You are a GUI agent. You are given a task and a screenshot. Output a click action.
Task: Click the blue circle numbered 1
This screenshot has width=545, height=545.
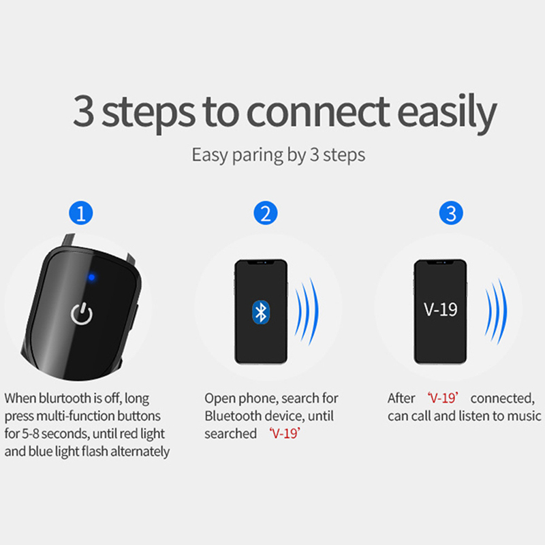click(81, 213)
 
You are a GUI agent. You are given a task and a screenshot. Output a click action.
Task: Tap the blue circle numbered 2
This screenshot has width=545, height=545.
click(266, 213)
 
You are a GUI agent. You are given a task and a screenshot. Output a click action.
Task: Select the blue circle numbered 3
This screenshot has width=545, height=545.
click(451, 213)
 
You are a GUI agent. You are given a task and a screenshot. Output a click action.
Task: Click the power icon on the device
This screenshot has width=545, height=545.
click(82, 314)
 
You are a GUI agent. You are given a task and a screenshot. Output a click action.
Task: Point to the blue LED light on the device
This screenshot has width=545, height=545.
click(92, 277)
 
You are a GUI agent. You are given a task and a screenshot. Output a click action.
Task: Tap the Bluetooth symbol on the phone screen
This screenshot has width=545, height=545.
click(261, 312)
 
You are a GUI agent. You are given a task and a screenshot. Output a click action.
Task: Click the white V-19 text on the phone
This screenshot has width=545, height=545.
click(440, 309)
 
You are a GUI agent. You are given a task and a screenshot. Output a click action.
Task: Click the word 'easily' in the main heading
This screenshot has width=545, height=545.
click(447, 113)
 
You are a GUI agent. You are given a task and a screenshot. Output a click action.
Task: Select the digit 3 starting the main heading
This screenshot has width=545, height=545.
click(83, 111)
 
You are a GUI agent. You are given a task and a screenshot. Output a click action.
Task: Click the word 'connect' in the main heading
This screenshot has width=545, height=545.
click(318, 112)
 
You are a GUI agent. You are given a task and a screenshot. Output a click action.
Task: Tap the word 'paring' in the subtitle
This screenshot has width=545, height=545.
click(258, 155)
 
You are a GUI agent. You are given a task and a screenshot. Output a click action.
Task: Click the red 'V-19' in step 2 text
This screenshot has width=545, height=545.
click(285, 433)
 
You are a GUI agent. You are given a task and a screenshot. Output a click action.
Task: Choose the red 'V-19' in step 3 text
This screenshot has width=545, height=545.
click(443, 398)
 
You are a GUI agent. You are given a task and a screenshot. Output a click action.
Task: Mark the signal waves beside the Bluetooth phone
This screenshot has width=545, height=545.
click(307, 312)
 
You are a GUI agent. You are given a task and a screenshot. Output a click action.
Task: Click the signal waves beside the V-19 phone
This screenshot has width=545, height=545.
click(496, 312)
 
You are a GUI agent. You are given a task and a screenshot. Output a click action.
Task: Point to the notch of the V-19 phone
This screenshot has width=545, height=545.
click(440, 262)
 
